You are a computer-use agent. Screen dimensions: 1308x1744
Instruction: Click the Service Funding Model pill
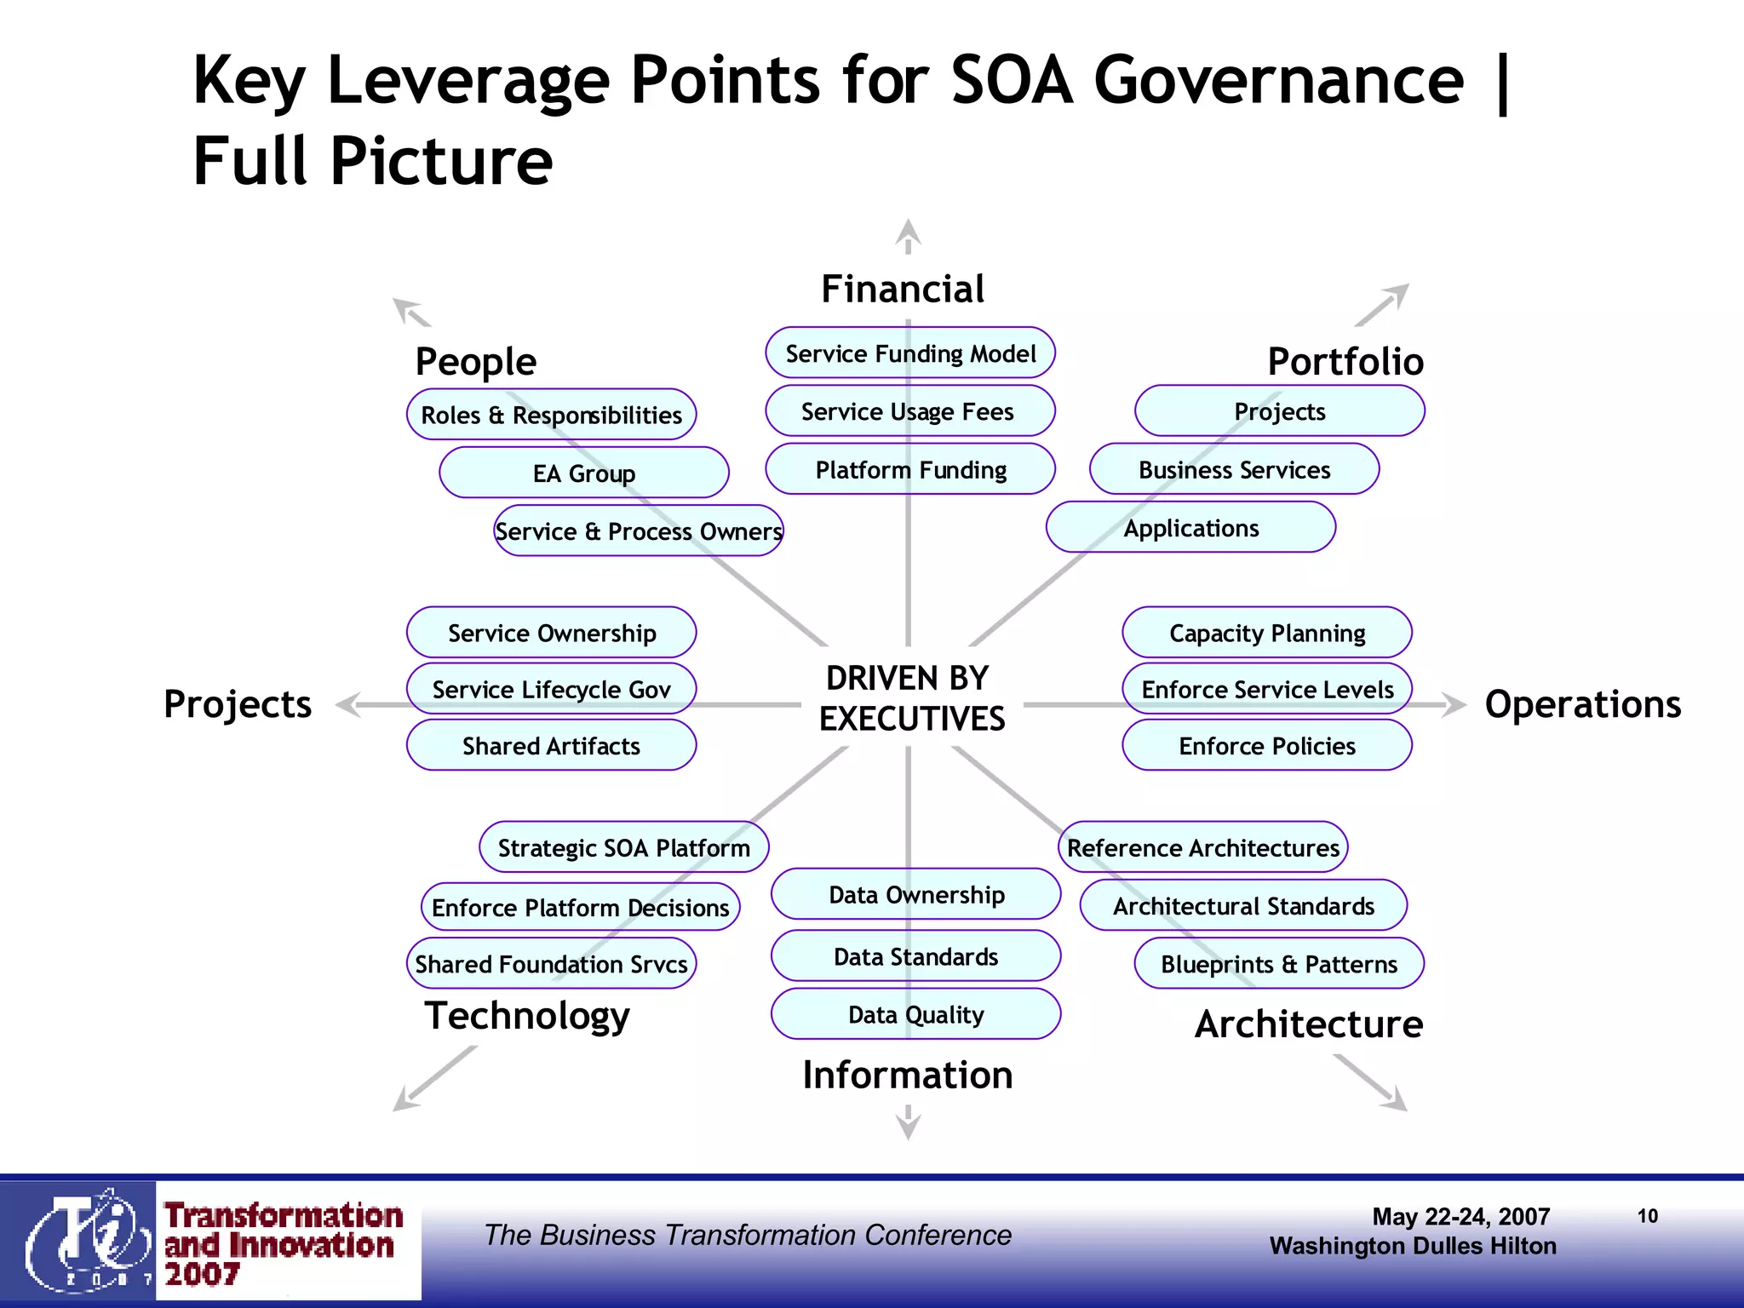(909, 353)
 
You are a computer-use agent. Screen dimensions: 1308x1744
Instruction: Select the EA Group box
(584, 473)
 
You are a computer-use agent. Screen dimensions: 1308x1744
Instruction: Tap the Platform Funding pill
(909, 469)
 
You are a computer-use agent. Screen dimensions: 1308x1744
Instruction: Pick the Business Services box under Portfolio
(1234, 469)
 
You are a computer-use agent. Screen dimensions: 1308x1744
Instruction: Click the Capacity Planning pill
(1266, 633)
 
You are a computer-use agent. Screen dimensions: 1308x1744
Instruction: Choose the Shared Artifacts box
(551, 746)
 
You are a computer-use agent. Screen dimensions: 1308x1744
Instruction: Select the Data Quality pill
(915, 1014)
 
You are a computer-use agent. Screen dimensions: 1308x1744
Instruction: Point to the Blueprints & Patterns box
(1279, 964)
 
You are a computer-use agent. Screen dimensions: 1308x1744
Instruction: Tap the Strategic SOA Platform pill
(623, 847)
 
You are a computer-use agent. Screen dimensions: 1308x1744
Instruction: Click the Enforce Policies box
(1266, 746)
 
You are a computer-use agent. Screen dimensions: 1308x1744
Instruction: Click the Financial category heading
(903, 290)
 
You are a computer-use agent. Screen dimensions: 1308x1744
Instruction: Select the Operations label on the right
(1582, 704)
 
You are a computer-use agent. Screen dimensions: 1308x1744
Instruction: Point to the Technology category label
(527, 1015)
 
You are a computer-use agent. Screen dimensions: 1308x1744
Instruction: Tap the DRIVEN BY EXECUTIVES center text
(911, 698)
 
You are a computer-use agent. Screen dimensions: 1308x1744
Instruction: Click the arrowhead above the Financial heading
(909, 232)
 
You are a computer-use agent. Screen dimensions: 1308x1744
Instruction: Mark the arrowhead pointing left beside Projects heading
(349, 705)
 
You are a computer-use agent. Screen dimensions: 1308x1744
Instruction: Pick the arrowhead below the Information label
(909, 1127)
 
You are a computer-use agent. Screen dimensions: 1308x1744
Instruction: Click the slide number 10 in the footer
(1647, 1216)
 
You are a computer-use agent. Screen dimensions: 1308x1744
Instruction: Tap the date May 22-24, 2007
(1460, 1216)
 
